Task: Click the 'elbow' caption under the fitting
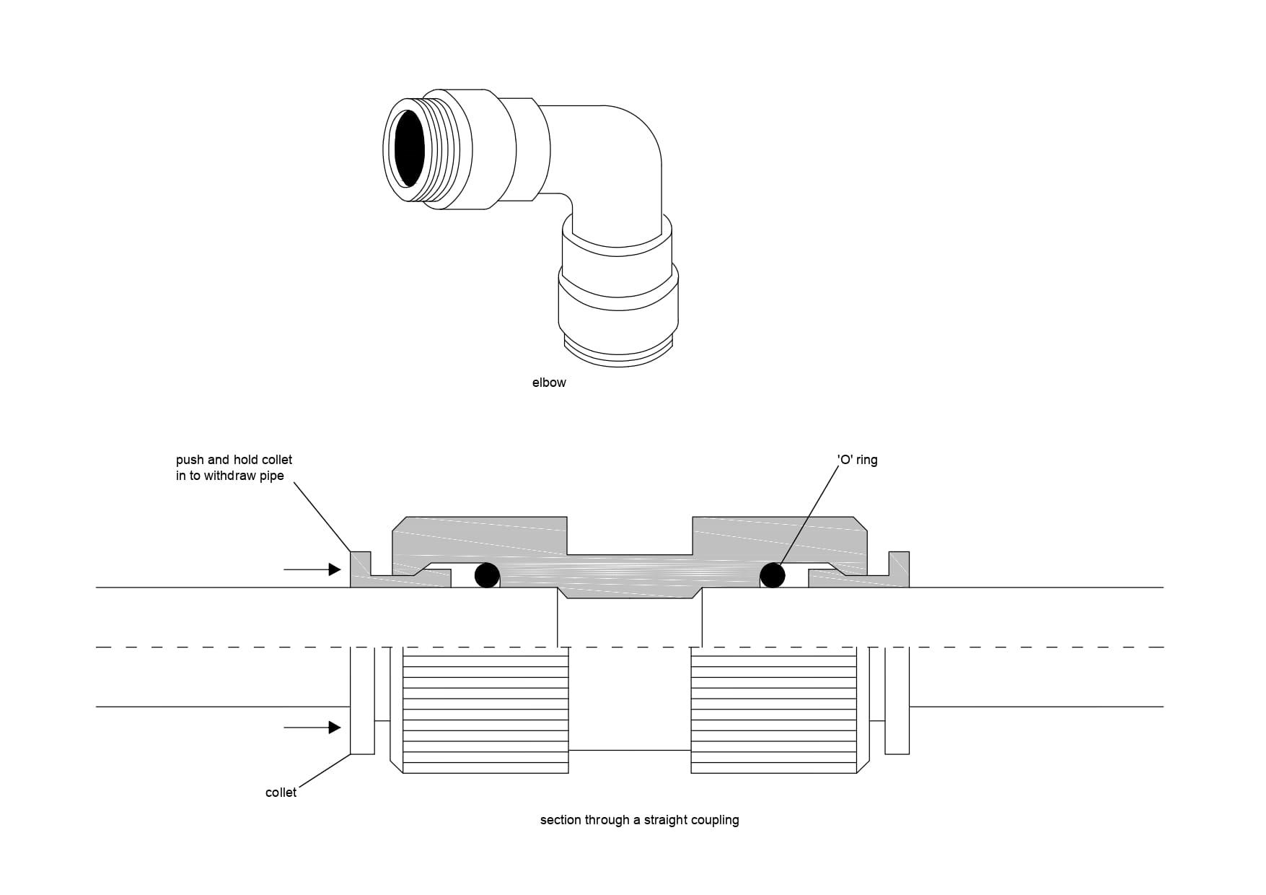[549, 383]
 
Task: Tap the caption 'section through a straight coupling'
[639, 820]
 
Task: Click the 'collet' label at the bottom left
[281, 793]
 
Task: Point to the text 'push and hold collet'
[234, 460]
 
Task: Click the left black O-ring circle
[487, 575]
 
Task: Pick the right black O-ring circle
[773, 575]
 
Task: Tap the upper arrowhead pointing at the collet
[334, 569]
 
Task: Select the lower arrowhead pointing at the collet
[334, 728]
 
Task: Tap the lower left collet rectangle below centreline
[362, 701]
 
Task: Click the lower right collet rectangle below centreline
[897, 701]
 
